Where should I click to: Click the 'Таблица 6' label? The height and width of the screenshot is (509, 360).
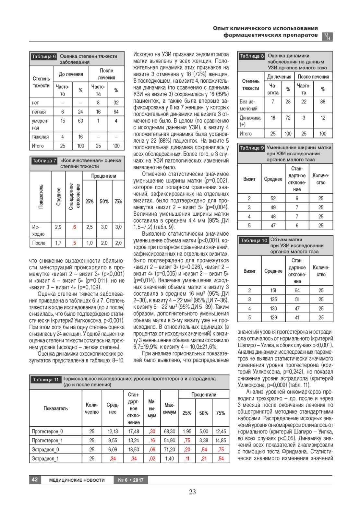(x=44, y=57)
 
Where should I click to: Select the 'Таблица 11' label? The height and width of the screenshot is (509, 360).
(x=46, y=380)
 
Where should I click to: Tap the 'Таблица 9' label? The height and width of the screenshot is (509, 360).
(x=252, y=148)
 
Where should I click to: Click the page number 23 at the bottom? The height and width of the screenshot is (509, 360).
(x=192, y=492)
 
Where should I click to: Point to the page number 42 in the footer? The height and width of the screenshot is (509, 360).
(x=35, y=479)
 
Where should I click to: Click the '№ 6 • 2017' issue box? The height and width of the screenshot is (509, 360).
(x=131, y=480)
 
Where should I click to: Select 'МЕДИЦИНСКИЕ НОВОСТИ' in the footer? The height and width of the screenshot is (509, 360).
(x=77, y=480)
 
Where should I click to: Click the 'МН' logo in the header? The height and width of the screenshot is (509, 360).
(x=328, y=37)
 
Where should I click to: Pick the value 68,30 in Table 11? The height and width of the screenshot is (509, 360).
(x=169, y=432)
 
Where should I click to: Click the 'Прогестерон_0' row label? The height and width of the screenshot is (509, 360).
(x=47, y=432)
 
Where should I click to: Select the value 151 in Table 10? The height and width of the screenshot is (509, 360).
(x=273, y=290)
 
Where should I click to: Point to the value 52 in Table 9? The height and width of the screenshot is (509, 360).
(x=273, y=198)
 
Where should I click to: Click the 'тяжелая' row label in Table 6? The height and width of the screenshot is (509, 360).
(x=40, y=137)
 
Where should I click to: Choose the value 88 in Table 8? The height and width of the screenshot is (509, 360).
(x=323, y=102)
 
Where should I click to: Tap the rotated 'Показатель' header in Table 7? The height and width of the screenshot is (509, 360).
(x=41, y=196)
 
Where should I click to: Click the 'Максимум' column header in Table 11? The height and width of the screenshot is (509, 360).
(x=169, y=408)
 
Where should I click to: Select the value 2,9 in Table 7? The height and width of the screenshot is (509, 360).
(x=58, y=227)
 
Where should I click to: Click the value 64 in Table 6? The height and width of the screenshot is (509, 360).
(x=116, y=112)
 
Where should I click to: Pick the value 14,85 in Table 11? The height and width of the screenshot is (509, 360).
(x=221, y=441)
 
